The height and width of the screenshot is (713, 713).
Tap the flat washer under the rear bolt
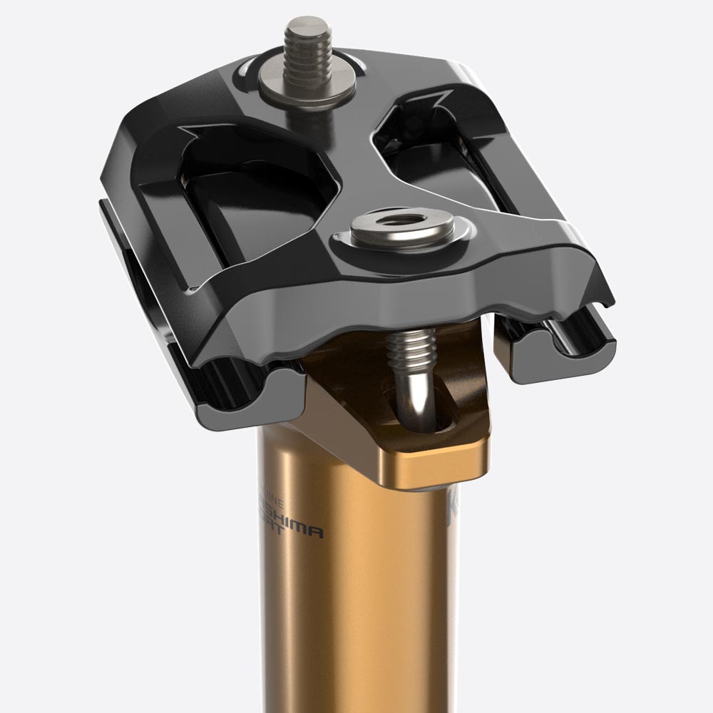coord(307,88)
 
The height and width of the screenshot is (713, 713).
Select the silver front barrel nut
coord(403,230)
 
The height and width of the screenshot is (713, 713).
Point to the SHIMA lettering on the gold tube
coord(295,530)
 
